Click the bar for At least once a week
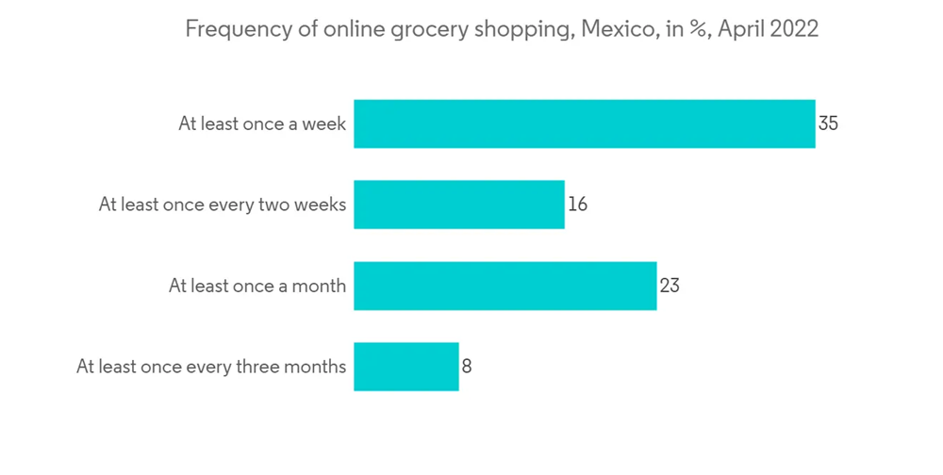point(584,123)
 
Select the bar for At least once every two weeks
point(459,205)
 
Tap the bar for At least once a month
point(505,286)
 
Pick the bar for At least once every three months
point(406,367)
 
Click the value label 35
point(828,123)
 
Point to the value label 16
point(577,205)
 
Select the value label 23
point(669,286)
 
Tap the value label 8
point(467,367)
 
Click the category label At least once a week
point(262,123)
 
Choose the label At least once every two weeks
point(223,205)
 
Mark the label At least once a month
point(257,286)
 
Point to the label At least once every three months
point(211,367)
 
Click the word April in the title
point(740,29)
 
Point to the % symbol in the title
point(699,29)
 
